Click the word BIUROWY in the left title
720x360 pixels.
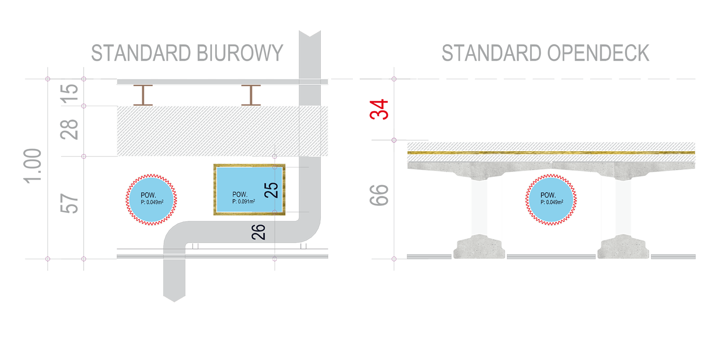(239, 53)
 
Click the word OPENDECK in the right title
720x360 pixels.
(598, 53)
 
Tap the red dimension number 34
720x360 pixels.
(379, 110)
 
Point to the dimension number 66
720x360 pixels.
(379, 195)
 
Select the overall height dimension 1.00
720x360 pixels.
(33, 166)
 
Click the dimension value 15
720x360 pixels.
(70, 94)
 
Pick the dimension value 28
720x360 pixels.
(69, 130)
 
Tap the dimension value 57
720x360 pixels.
(69, 203)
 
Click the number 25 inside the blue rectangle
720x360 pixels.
(271, 190)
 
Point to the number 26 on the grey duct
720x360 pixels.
(258, 232)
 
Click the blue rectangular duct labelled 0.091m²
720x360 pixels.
(249, 189)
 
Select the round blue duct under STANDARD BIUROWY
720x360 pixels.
(151, 200)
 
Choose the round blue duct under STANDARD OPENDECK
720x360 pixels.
(551, 200)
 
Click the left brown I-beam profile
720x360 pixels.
(143, 95)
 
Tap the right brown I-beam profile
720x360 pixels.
(251, 95)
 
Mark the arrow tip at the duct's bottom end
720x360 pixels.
(175, 302)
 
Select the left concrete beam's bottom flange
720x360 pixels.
(479, 247)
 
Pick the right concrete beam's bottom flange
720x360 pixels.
(623, 247)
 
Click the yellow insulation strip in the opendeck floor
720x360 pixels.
(551, 153)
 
